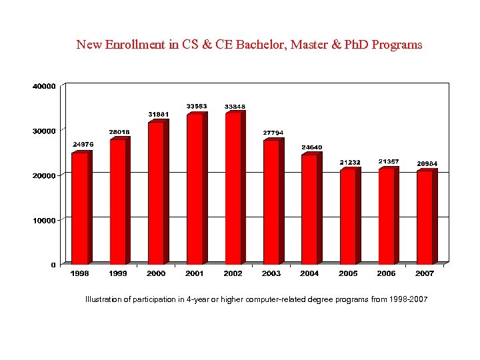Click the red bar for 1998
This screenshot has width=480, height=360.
click(x=79, y=208)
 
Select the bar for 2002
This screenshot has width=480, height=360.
click(x=233, y=188)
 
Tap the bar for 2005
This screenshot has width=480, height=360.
click(x=347, y=216)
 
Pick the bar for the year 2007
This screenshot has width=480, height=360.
click(x=424, y=217)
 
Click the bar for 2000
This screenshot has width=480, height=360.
click(x=156, y=193)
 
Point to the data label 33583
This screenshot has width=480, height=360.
click(x=196, y=106)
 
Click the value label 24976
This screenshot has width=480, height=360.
click(x=83, y=144)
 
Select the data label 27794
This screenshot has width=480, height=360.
click(x=273, y=132)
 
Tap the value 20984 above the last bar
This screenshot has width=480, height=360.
click(x=427, y=163)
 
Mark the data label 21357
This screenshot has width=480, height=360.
click(x=389, y=161)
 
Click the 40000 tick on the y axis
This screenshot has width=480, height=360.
click(x=44, y=86)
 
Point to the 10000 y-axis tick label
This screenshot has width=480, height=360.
click(x=44, y=220)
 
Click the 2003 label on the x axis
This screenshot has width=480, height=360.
click(x=271, y=273)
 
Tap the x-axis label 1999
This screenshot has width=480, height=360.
click(x=118, y=273)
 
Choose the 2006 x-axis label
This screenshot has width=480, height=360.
click(x=386, y=273)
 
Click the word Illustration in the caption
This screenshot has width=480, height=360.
click(x=103, y=299)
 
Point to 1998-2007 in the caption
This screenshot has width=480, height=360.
click(x=408, y=299)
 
